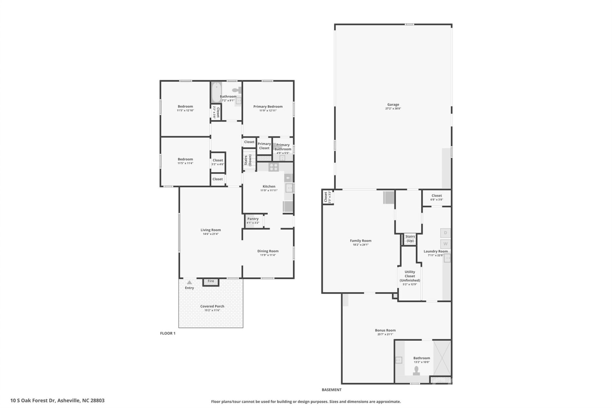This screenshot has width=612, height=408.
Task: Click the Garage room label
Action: coord(393,105)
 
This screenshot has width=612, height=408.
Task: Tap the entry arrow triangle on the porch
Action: coord(189,282)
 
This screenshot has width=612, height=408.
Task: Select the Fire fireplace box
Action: coord(211,281)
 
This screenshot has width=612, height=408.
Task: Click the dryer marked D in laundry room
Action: coord(445,233)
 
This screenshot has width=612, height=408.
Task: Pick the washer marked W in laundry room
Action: coord(445,244)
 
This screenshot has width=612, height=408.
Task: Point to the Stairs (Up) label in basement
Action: coord(410,238)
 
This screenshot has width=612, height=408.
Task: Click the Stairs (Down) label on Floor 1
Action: coord(250,160)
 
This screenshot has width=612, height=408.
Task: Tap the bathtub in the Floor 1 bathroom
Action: coord(216,92)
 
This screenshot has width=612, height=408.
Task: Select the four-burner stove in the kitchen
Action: coord(273,167)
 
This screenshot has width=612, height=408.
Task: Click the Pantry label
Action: coord(253,219)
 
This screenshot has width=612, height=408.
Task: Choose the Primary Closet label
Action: coord(264,146)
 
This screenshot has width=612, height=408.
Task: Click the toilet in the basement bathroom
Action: coord(416,370)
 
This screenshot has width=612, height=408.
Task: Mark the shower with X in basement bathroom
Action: coord(442,358)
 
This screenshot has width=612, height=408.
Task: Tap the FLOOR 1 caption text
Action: coord(168,333)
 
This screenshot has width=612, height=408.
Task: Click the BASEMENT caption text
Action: coord(331,390)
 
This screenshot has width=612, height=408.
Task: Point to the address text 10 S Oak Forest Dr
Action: coord(57,400)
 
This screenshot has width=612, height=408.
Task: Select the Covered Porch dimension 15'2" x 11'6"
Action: coord(212,310)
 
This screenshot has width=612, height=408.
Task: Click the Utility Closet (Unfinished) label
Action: coord(410,276)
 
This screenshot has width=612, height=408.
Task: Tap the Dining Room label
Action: coord(268,251)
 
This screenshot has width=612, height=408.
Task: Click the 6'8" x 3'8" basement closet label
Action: coord(436,200)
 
